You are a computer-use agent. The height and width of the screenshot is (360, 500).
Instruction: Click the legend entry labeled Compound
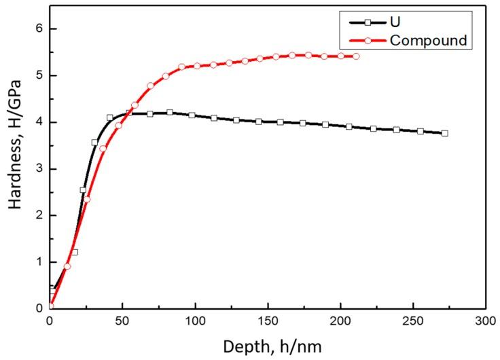(x=428, y=41)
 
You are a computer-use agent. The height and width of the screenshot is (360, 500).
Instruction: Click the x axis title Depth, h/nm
(x=267, y=346)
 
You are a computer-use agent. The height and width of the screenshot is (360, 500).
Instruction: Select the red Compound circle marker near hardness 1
(x=67, y=266)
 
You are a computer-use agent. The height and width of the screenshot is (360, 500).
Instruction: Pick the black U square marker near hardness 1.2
(x=75, y=252)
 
